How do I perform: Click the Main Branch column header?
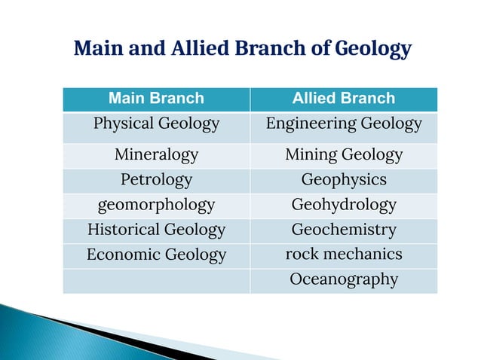pos(156,98)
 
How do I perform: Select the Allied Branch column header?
pos(344,98)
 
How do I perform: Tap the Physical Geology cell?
pos(156,124)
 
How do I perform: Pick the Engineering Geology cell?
pos(344,124)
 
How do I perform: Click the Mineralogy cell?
pos(156,155)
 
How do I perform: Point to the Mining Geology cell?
pos(344,155)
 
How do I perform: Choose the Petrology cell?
pos(156,180)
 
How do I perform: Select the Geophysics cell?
pos(344,180)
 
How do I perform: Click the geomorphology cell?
pos(156,205)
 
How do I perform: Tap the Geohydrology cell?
pos(344,205)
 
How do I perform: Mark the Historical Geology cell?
pos(156,230)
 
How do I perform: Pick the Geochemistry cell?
pos(344,230)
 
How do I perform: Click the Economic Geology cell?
pos(156,255)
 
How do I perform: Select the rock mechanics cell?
pos(344,255)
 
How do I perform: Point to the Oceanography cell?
pos(344,279)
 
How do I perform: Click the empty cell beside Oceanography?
pos(156,280)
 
